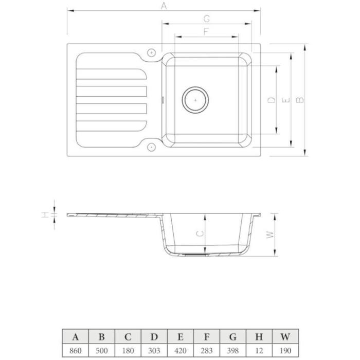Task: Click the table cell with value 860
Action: tap(76, 351)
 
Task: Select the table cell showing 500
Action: tap(102, 351)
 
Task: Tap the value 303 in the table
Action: tap(154, 351)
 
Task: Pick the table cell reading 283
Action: tap(207, 351)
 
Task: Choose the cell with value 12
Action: tap(259, 351)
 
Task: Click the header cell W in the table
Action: tap(285, 337)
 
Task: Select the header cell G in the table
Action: tap(233, 337)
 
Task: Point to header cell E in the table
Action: tap(181, 337)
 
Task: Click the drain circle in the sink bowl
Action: tap(195, 100)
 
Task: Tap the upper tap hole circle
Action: tap(151, 53)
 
